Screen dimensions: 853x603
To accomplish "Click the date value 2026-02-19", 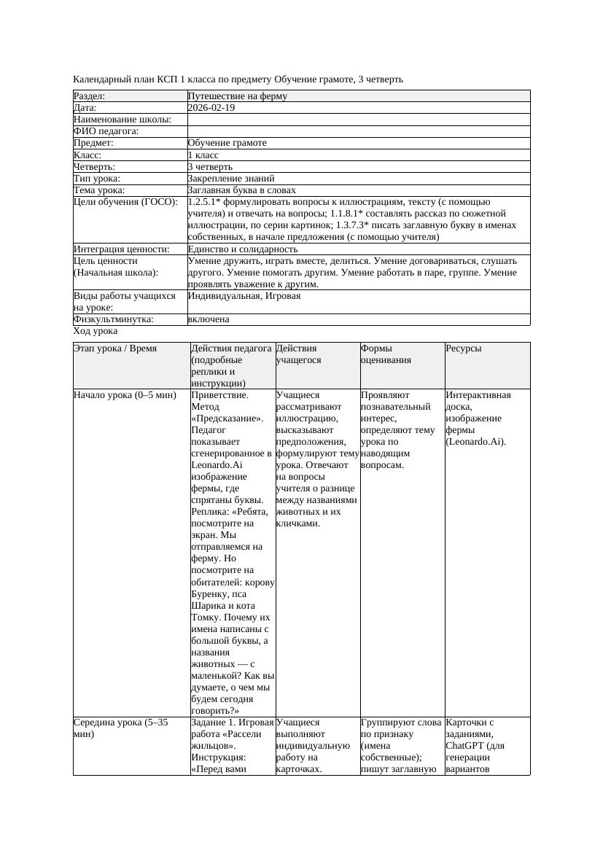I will coord(211,108).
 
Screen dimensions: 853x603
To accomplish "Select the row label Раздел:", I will coord(90,96).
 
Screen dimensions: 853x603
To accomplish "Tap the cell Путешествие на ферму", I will coord(238,96).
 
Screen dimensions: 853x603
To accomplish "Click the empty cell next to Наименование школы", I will coord(358,120).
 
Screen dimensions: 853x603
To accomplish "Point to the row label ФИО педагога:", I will coord(106,131).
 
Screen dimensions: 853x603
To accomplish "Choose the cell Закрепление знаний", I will coord(231,178).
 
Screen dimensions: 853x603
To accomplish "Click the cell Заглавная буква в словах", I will coord(241,190).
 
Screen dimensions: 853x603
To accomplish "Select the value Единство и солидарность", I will coord(243,249).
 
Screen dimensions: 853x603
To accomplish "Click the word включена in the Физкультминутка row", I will coord(209,319).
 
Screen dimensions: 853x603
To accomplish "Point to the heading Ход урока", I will coord(96,331).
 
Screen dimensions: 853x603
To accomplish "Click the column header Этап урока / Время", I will coord(115,348).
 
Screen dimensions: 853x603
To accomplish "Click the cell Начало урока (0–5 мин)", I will coord(125,395).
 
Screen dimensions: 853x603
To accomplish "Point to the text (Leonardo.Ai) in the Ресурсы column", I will coord(476,442).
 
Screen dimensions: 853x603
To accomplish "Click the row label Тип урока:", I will coord(97,178).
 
